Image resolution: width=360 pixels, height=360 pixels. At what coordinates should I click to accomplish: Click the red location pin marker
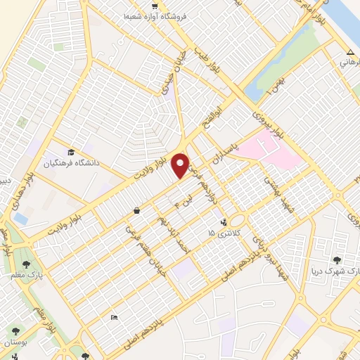click(x=181, y=165)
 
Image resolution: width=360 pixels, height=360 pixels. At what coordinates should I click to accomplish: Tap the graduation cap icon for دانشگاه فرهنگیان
click(x=71, y=153)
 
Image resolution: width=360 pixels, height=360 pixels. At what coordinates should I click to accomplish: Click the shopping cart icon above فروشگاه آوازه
click(x=153, y=6)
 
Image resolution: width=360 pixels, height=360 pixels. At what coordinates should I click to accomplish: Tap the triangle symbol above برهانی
click(x=350, y=53)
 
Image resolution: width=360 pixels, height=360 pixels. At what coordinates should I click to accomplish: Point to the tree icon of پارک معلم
click(x=27, y=264)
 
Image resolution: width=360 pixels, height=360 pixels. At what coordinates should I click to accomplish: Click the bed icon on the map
click(x=115, y=318)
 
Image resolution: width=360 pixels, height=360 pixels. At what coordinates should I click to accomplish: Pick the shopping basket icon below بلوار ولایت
click(x=136, y=210)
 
